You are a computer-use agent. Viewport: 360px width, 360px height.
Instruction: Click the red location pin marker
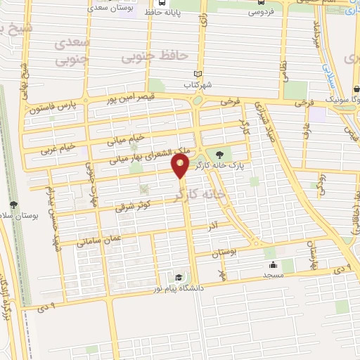pos(181,167)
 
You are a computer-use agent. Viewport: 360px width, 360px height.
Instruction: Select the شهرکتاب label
pos(198,86)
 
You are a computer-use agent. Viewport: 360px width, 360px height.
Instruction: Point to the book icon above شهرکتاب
pos(198,75)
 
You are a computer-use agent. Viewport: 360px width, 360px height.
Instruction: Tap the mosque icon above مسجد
pos(272,266)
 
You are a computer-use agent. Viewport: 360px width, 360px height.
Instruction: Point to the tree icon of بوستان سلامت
pos(13,204)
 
